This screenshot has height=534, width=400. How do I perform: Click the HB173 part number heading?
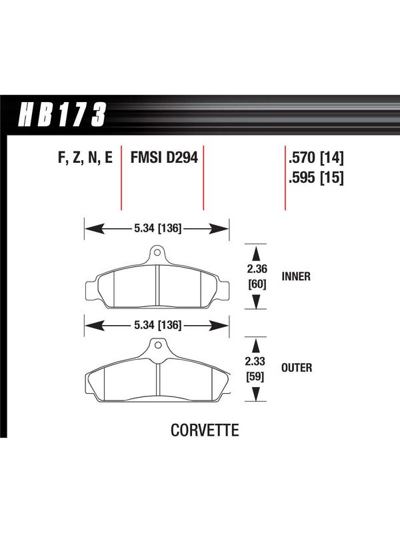(x=62, y=114)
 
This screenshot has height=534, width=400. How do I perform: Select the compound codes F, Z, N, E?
(x=85, y=158)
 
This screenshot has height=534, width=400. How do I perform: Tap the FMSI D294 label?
(x=164, y=158)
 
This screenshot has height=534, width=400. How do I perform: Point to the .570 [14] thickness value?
(x=316, y=158)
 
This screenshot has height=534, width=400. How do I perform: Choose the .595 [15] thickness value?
(x=316, y=177)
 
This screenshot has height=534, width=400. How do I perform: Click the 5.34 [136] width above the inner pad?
(x=158, y=228)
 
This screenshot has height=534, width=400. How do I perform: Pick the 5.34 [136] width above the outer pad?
(x=158, y=325)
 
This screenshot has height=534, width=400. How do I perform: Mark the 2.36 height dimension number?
(x=257, y=269)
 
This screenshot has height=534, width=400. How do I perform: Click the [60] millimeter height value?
(x=257, y=284)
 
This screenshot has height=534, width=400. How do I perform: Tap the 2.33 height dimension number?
(x=255, y=361)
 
